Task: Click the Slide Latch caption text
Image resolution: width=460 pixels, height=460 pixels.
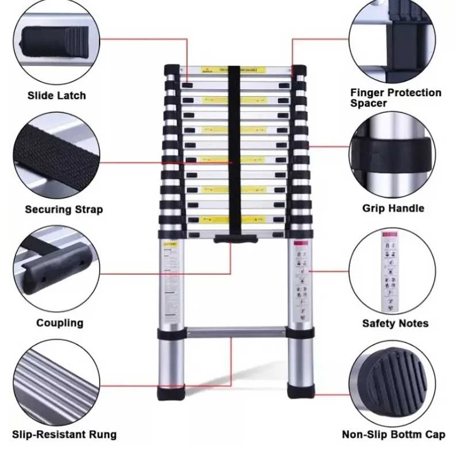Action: click(56, 95)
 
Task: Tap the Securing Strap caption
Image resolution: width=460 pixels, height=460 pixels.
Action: click(64, 209)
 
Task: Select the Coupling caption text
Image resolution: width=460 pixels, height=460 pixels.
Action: click(60, 323)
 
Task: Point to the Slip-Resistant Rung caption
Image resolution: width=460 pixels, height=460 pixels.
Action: click(64, 435)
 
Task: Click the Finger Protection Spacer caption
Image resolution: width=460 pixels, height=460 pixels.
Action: click(396, 98)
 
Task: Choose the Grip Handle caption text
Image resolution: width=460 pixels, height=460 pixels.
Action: click(393, 208)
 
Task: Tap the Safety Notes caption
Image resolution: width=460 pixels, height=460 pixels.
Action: click(395, 323)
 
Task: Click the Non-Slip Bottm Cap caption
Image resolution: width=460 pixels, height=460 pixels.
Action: click(393, 435)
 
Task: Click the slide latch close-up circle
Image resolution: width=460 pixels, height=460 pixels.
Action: click(56, 43)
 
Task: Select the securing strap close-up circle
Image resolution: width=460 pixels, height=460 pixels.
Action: click(56, 155)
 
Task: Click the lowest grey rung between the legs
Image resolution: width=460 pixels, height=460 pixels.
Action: click(236, 332)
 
